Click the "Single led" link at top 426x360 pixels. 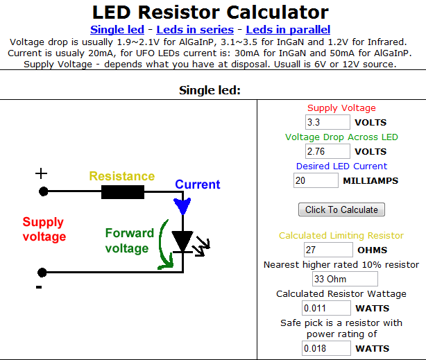click(117, 30)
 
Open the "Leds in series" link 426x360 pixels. click(195, 30)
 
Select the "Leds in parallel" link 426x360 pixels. click(288, 30)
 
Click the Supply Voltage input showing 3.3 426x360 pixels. click(327, 122)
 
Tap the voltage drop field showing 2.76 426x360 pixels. click(327, 151)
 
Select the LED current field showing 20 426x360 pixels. click(316, 180)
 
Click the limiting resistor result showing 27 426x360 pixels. click(328, 250)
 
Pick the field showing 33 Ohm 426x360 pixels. click(345, 279)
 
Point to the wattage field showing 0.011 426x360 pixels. click(326, 308)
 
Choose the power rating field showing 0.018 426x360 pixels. click(326, 348)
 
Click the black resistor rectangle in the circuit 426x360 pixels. click(123, 192)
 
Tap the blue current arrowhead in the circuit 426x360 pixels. click(182, 206)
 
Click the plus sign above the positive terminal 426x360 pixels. click(42, 173)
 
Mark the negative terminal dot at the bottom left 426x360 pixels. click(42, 272)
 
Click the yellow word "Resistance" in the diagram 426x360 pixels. click(122, 176)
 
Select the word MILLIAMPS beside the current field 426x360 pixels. click(370, 180)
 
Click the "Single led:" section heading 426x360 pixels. click(210, 90)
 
